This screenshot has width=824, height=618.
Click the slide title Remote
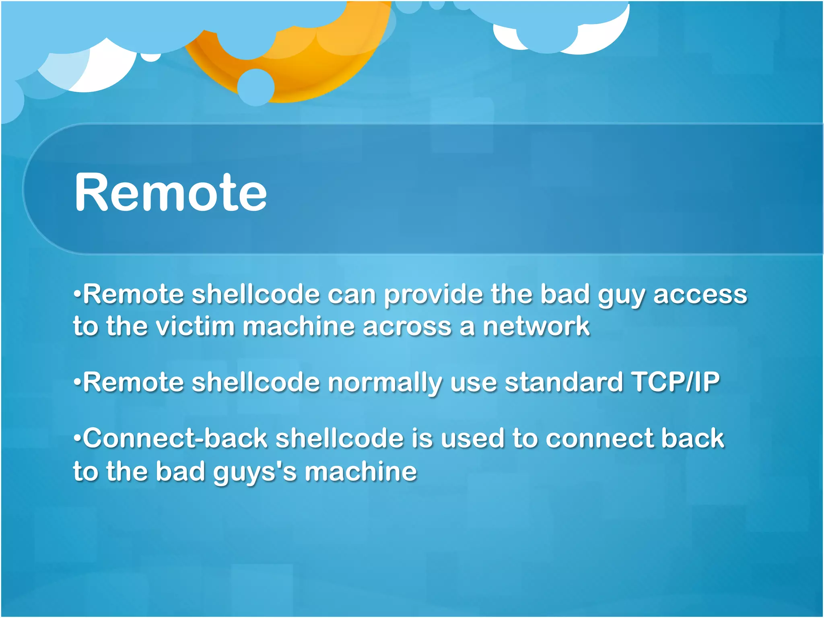pyautogui.click(x=171, y=192)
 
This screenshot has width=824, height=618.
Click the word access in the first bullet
pyautogui.click(x=700, y=295)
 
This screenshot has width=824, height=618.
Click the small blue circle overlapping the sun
pyautogui.click(x=256, y=87)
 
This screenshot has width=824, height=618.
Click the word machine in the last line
pyautogui.click(x=360, y=472)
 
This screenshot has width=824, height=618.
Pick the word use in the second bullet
pyautogui.click(x=473, y=382)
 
